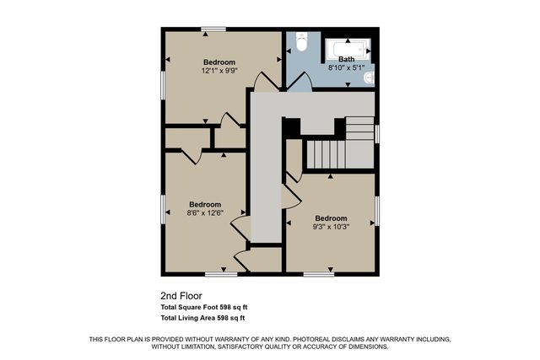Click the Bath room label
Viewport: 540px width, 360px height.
347,59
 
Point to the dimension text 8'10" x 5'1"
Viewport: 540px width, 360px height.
347,67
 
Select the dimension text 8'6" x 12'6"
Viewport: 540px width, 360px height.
205,213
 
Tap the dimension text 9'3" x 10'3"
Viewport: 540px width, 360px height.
331,226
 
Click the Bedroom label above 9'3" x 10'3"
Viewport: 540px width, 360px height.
331,218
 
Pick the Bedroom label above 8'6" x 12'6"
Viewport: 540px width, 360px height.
205,204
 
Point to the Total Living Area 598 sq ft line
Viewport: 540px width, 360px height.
202,318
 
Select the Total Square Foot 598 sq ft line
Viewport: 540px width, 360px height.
202,308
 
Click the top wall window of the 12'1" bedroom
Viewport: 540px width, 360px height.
213,30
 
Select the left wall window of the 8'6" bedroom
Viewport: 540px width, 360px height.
163,210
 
